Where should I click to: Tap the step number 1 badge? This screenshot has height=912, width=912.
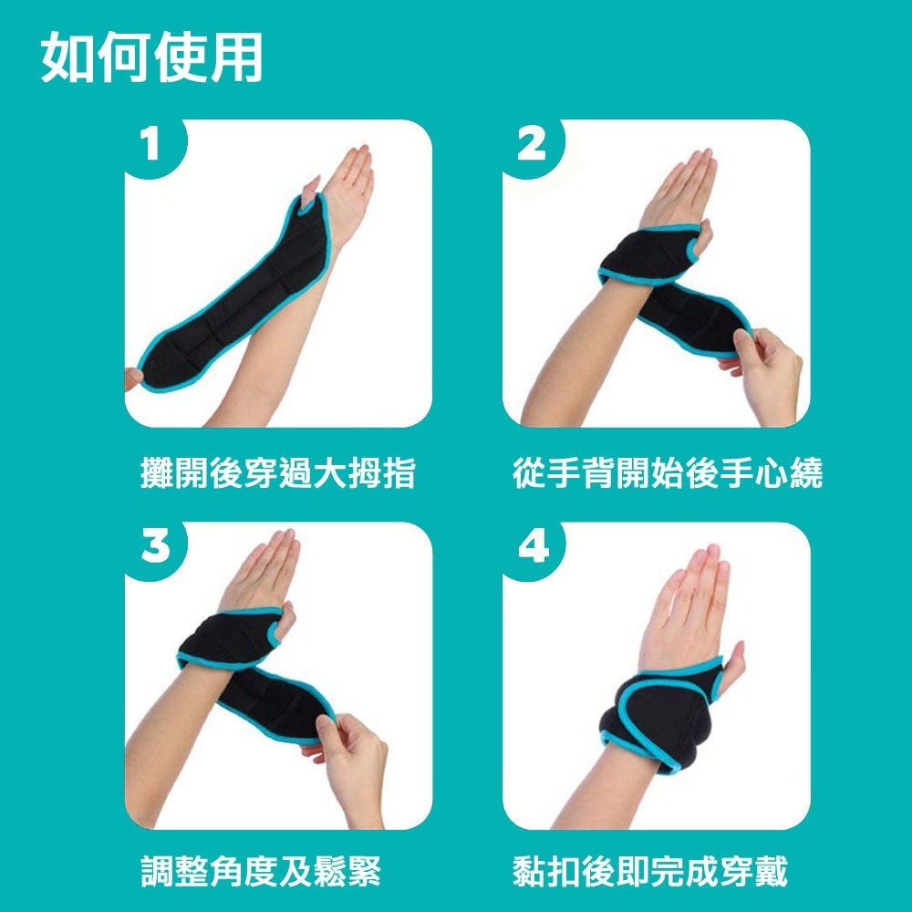[x=151, y=144]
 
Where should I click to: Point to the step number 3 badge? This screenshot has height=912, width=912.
[x=155, y=545]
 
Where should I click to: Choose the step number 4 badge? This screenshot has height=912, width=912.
[x=534, y=545]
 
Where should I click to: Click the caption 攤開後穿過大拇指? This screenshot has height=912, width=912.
[x=278, y=472]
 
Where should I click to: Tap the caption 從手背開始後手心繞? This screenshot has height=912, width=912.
[x=668, y=472]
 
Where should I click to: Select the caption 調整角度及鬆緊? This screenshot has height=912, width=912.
[x=261, y=871]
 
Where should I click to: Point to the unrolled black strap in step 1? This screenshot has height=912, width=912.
[x=235, y=294]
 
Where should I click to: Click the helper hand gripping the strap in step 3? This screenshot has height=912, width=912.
[x=349, y=762]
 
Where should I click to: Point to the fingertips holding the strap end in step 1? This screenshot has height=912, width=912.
[x=133, y=378]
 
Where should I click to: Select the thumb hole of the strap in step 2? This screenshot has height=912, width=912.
[x=694, y=248]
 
